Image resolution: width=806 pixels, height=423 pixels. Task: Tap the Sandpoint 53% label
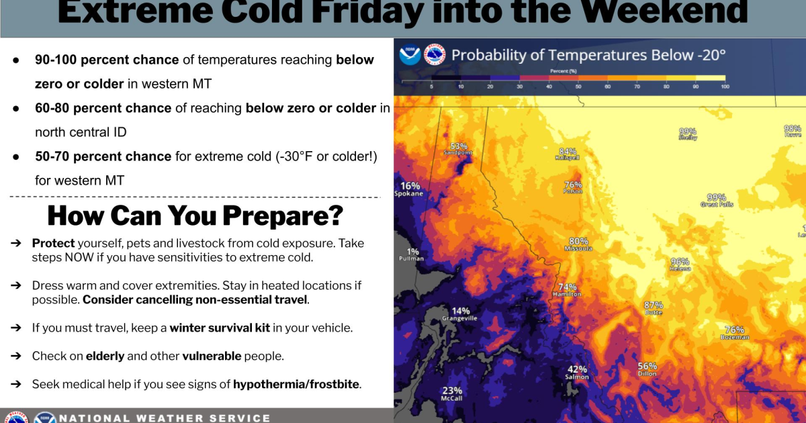[x=458, y=148]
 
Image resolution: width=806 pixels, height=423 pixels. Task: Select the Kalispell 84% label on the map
[x=568, y=154]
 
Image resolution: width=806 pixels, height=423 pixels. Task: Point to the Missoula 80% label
[x=578, y=244]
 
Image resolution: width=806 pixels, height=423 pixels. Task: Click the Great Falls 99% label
[x=717, y=200]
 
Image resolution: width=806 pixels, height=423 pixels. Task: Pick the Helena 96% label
[x=680, y=265]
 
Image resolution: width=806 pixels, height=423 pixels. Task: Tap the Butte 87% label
[x=654, y=308]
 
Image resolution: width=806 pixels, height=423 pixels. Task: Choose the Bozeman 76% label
[x=735, y=333]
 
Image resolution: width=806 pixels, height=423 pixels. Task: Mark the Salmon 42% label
[x=578, y=373]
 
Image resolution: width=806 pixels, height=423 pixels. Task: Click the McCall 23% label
[x=452, y=394]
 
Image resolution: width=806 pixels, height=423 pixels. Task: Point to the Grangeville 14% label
[x=460, y=314]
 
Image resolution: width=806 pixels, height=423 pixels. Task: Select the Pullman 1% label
[x=412, y=255]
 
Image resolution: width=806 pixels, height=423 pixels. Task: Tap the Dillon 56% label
[x=647, y=369]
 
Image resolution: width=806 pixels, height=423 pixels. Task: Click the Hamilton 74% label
[x=567, y=291]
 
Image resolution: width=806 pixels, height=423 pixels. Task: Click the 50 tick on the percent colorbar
[x=579, y=87]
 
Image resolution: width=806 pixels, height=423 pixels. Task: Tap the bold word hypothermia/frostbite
[x=296, y=385]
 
